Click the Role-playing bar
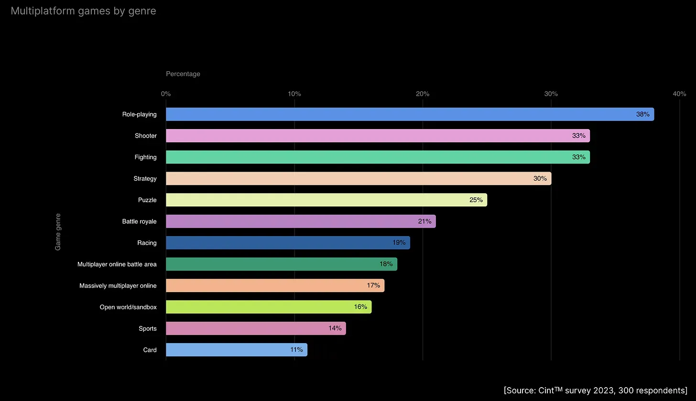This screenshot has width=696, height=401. tap(410, 114)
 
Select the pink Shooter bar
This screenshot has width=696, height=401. tap(378, 136)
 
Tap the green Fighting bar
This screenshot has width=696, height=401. tap(378, 157)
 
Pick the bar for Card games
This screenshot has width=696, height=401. tap(236, 350)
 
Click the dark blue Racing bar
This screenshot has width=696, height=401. tap(288, 243)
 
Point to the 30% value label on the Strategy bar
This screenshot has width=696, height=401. tap(540, 179)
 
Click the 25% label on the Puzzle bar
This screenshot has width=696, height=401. tap(476, 200)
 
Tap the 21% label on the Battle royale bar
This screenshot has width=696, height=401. tap(424, 221)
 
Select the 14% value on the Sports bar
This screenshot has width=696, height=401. tap(335, 328)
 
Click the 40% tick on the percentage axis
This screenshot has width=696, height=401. tap(679, 94)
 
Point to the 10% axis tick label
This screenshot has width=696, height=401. tap(294, 94)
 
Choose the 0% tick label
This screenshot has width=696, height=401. tap(166, 94)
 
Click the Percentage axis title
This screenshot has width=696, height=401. tap(183, 74)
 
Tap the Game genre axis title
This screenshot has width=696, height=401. tap(58, 232)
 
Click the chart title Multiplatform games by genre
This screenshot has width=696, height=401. tap(83, 11)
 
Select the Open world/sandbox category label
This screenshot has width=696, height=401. tap(128, 307)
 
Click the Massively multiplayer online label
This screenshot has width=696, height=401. tap(118, 286)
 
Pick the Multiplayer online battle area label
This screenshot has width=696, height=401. tap(117, 264)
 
